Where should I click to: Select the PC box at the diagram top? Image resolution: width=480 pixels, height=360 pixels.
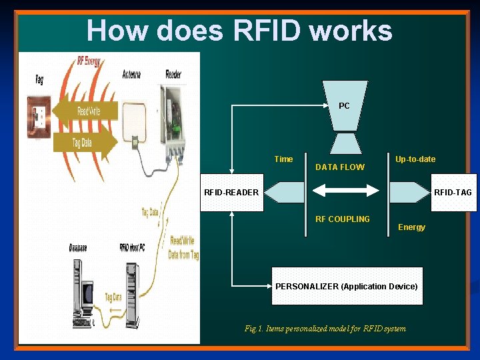344,106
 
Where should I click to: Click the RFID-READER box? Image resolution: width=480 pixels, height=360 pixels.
231,193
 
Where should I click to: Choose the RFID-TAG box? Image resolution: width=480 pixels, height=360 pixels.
453,193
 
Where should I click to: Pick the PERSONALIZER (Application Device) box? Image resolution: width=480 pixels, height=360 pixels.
347,286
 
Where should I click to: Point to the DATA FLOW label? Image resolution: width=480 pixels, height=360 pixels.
340,167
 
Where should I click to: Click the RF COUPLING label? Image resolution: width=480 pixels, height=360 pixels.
343,219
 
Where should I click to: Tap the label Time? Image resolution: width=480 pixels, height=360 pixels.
283,159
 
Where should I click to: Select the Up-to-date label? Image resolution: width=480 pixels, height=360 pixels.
415,159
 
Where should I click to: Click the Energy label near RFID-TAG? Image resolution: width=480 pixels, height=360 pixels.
411,227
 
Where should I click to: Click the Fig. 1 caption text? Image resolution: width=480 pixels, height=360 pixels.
325,329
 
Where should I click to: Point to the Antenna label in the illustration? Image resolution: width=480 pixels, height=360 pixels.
131,75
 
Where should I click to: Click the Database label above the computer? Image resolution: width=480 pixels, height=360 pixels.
78,248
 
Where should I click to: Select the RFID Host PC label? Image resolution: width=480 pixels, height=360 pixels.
133,248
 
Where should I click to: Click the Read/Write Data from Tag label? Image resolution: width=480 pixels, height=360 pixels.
184,247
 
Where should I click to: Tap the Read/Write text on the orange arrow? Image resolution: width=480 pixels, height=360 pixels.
89,111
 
